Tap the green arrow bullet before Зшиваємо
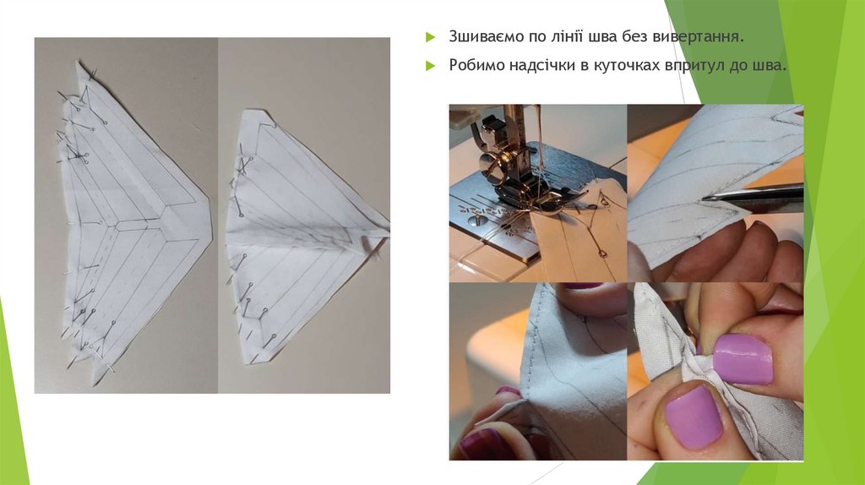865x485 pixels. tap(430, 37)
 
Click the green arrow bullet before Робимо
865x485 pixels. tap(430, 66)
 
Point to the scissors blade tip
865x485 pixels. tap(704, 198)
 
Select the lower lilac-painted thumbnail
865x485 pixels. tap(694, 416)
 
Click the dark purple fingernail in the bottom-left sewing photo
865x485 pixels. tap(479, 444)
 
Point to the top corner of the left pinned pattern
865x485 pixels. tap(78, 63)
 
